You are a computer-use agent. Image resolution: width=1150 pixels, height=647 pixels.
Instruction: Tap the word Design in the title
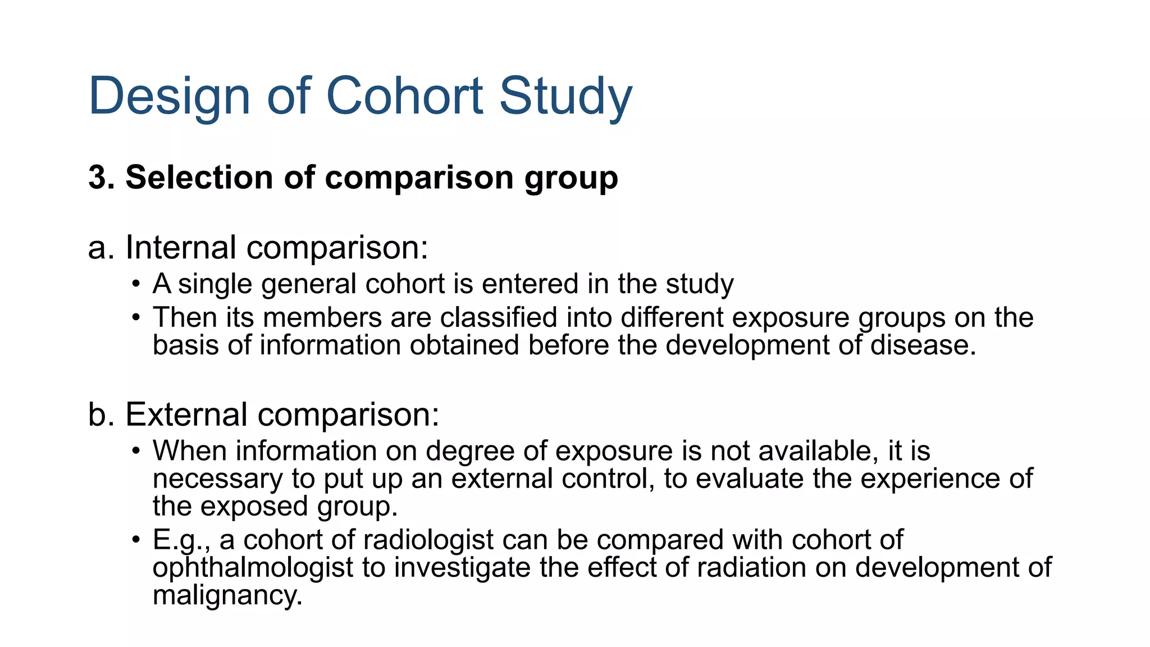[x=169, y=97]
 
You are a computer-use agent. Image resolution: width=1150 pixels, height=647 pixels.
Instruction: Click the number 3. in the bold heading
[x=102, y=177]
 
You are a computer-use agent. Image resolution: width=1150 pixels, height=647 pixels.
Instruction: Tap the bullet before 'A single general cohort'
[x=136, y=284]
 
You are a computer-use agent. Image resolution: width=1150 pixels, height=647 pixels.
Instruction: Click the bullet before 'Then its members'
[x=136, y=318]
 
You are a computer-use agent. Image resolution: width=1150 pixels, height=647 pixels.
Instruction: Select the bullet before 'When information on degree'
[x=136, y=451]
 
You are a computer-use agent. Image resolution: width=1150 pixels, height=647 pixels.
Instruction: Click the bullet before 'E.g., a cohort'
[x=136, y=540]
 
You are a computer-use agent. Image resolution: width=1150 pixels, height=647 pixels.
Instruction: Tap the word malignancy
[x=227, y=595]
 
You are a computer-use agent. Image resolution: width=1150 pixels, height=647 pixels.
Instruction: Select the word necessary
[x=217, y=479]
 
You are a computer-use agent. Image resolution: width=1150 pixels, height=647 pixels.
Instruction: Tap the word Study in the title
[x=565, y=97]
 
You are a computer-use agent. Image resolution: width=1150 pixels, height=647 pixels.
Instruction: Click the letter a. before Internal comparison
[x=101, y=248]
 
